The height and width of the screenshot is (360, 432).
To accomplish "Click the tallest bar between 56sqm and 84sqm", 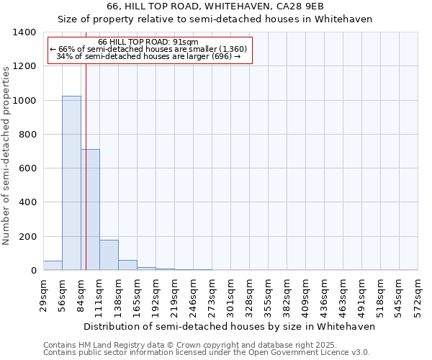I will coord(71,183).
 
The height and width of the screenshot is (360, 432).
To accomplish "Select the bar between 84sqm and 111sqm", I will coord(90,210).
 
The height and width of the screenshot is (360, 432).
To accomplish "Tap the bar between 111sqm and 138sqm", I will coord(109,255).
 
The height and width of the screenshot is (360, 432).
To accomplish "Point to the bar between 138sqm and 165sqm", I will coord(127,265).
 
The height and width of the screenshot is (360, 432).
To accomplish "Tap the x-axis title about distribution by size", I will coord(230,326).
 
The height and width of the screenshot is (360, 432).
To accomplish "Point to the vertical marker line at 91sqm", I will coord(86,180).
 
